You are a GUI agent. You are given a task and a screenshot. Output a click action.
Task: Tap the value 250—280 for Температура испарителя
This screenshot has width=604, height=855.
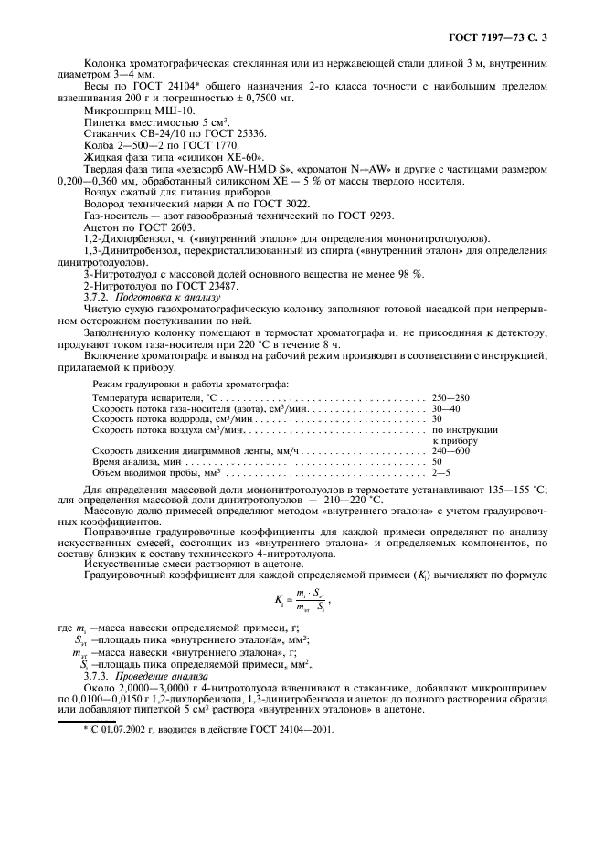(x=453, y=399)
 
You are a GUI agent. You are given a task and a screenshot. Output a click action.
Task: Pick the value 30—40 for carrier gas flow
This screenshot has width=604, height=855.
(x=447, y=409)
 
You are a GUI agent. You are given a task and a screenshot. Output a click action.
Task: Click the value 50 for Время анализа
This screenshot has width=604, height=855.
(x=438, y=462)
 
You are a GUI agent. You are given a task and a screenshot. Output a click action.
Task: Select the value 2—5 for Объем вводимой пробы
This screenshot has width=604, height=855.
(x=442, y=473)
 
